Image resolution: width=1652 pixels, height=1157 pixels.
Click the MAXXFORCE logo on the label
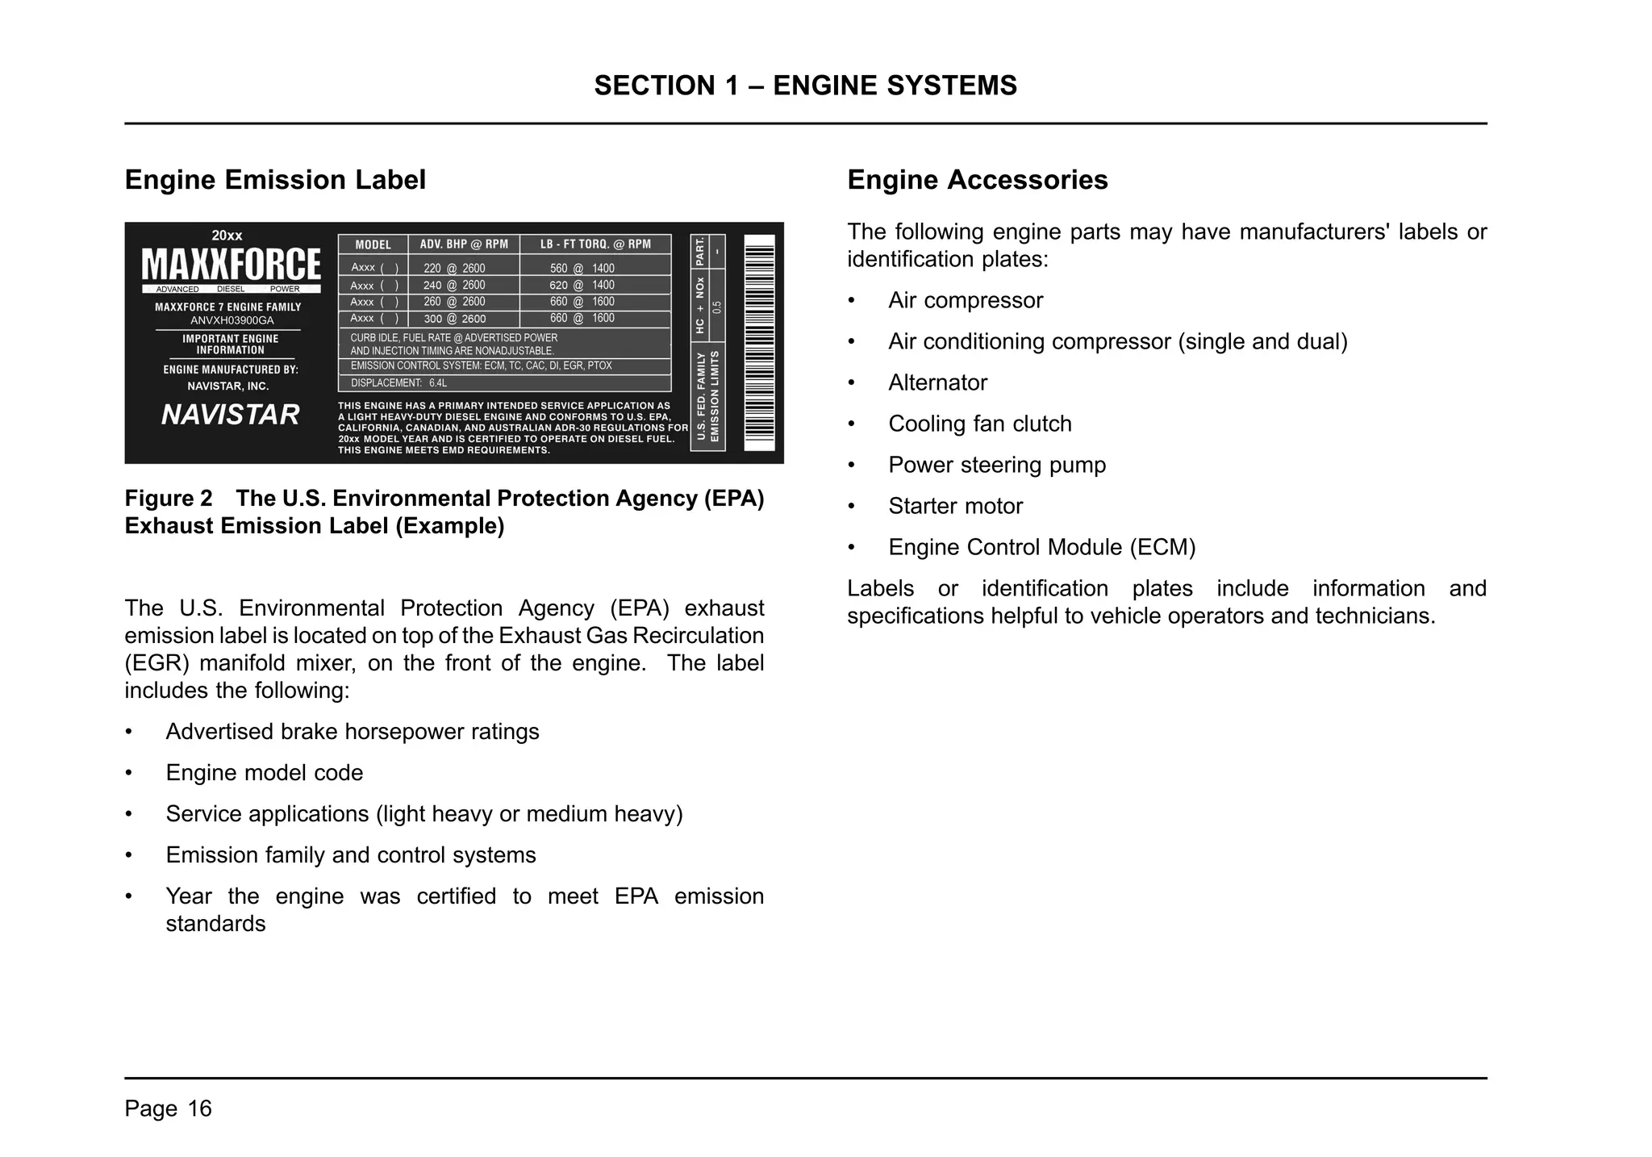(x=231, y=265)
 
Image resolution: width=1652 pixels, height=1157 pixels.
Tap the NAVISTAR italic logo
(x=230, y=415)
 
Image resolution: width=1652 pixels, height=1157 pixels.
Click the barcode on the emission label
(x=758, y=343)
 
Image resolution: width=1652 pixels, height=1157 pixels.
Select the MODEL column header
(x=373, y=244)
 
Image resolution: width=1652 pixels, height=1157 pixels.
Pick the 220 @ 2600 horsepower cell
(x=454, y=269)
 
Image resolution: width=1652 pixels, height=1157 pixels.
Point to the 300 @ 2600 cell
(x=454, y=319)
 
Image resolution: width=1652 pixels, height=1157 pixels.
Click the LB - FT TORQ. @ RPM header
(x=595, y=244)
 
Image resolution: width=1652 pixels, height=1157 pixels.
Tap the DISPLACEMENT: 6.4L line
(x=398, y=383)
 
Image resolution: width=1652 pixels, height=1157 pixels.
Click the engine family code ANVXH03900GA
(x=232, y=320)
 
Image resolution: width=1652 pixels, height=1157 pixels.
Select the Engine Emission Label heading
(x=275, y=180)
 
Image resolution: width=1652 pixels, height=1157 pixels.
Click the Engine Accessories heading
(x=977, y=180)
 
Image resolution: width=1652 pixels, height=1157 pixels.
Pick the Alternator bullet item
(x=937, y=382)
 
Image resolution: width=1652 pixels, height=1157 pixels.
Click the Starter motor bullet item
(x=955, y=506)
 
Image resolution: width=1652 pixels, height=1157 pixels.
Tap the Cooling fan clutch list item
(x=979, y=424)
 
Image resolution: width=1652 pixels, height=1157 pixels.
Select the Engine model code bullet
(x=264, y=773)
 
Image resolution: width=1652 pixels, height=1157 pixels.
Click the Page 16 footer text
(x=168, y=1109)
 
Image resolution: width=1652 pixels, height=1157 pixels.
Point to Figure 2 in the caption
(x=169, y=499)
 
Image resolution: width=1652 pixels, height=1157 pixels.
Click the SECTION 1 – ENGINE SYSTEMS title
(x=805, y=86)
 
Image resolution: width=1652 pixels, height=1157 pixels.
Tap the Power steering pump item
(x=996, y=465)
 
